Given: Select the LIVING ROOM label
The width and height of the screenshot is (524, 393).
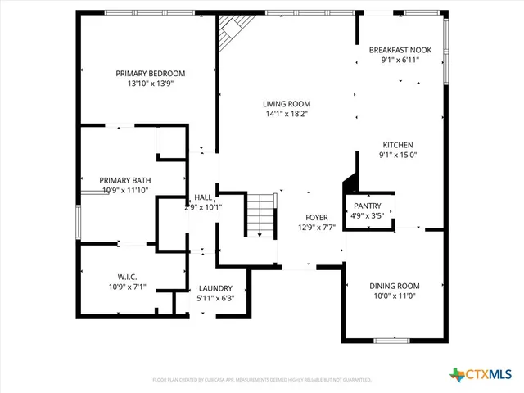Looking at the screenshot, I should click(x=286, y=104).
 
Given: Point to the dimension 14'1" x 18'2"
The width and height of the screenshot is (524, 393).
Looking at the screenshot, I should click(x=286, y=115).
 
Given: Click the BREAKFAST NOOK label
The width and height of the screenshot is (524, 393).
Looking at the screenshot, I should click(x=400, y=50).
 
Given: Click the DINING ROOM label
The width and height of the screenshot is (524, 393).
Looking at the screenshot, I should click(x=394, y=286).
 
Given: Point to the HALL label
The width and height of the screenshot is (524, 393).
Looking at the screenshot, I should click(x=202, y=197).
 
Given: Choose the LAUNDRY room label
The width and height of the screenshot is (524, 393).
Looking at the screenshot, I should click(x=215, y=288).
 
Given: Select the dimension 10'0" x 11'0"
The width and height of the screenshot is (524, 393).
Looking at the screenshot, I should click(x=394, y=296).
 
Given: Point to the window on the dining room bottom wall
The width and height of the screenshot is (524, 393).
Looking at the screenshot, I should click(x=391, y=339).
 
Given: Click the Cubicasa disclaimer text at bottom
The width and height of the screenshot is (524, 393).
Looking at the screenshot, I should click(x=262, y=380).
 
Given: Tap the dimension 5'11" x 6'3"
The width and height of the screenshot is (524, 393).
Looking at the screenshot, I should click(x=215, y=299).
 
